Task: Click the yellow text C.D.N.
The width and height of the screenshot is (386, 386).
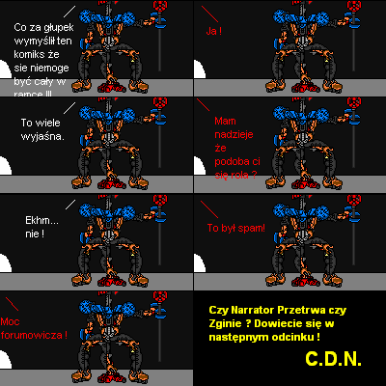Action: [332, 358]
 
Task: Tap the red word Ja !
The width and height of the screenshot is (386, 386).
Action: [214, 31]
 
